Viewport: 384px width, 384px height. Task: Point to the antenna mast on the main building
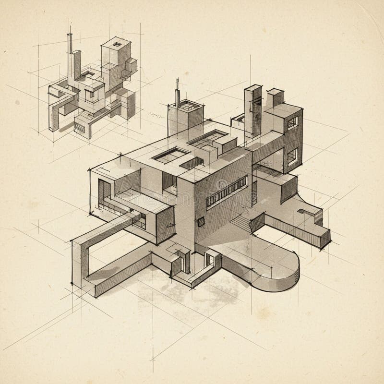177,94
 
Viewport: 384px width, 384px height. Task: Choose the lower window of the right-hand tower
292,156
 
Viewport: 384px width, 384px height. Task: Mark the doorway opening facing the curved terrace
210,260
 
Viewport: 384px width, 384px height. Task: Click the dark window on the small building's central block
90,95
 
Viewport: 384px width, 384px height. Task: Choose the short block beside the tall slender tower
275,98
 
